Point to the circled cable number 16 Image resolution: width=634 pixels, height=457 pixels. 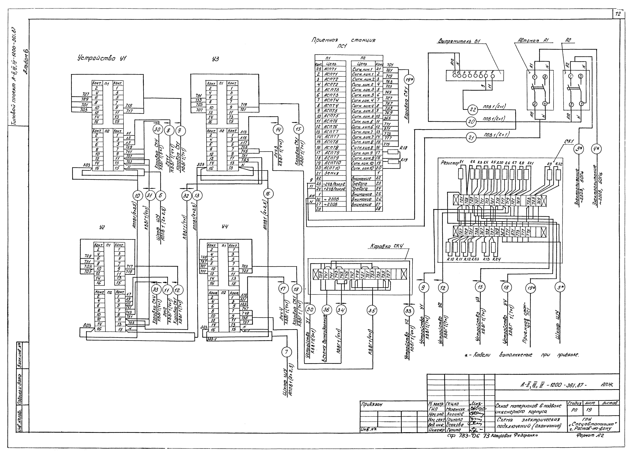268,194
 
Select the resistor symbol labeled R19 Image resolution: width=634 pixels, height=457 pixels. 394,161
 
